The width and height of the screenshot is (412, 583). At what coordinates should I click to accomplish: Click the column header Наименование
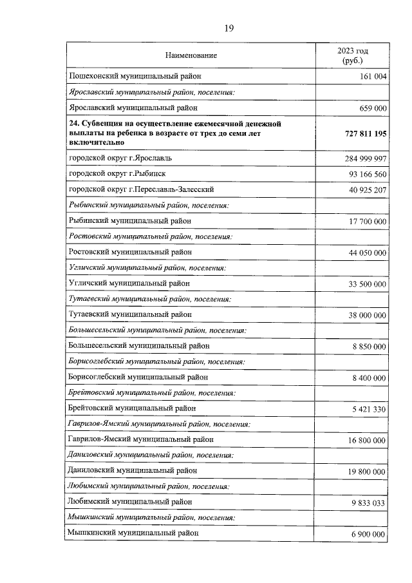pyautogui.click(x=191, y=55)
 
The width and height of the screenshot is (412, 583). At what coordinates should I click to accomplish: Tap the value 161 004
pyautogui.click(x=371, y=77)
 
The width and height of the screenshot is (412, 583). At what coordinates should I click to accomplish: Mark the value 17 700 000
pyautogui.click(x=368, y=221)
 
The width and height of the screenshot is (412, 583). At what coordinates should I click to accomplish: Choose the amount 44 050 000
pyautogui.click(x=368, y=253)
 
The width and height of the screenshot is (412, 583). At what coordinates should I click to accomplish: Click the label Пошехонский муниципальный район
pyautogui.click(x=134, y=76)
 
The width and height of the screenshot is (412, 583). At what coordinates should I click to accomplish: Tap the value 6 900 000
pyautogui.click(x=370, y=535)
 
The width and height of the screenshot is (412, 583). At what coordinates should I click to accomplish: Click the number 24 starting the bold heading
pyautogui.click(x=72, y=123)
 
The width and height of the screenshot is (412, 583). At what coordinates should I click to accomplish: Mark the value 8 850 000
pyautogui.click(x=370, y=347)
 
